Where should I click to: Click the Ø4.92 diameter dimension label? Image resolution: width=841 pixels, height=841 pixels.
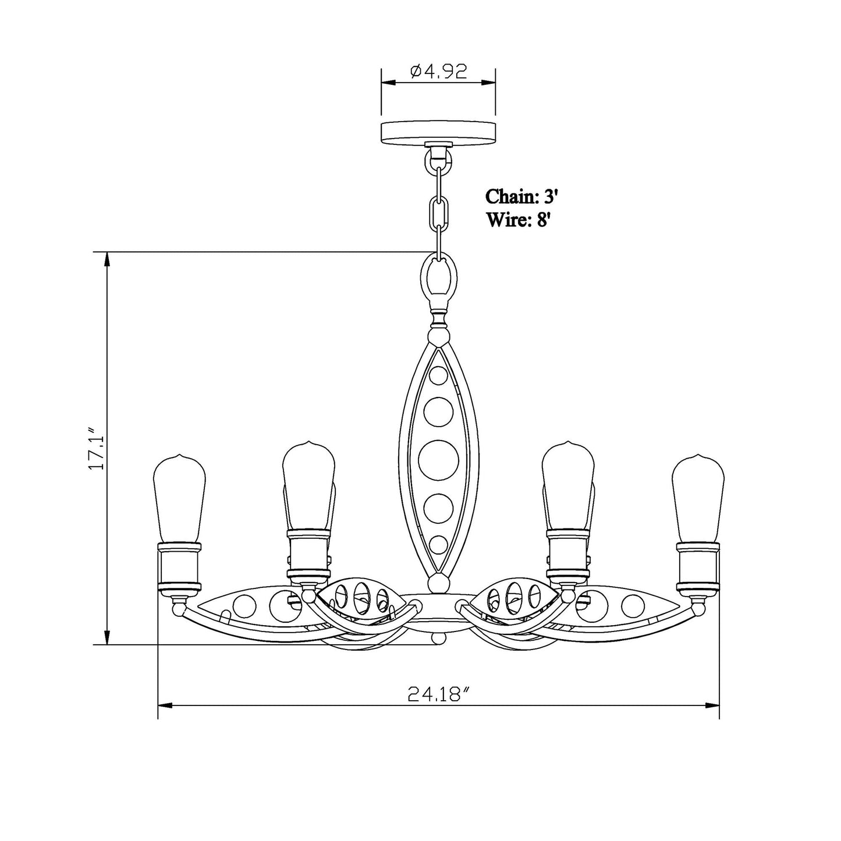[439, 71]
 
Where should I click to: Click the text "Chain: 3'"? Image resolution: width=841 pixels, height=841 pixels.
[522, 196]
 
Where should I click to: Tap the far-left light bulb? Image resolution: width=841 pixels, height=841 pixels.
[180, 498]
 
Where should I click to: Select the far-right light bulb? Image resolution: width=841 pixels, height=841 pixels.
[698, 498]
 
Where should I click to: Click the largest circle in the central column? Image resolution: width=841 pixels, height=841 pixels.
[438, 460]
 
